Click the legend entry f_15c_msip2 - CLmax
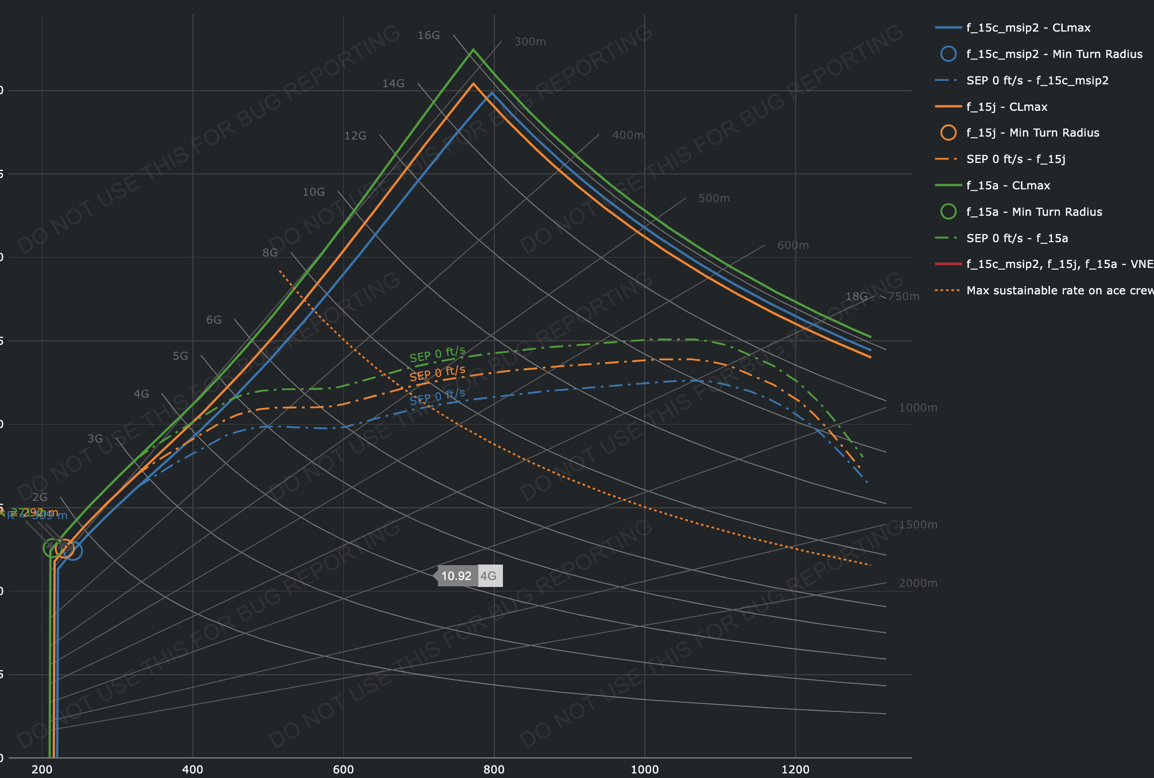pyautogui.click(x=1028, y=28)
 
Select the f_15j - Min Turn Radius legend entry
pyautogui.click(x=1032, y=133)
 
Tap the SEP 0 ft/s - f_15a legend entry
pyautogui.click(x=1017, y=238)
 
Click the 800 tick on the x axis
pyautogui.click(x=494, y=769)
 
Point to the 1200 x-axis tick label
pyautogui.click(x=795, y=769)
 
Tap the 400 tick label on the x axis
pyautogui.click(x=192, y=769)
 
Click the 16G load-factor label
pyautogui.click(x=428, y=36)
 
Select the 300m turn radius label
pyautogui.click(x=530, y=42)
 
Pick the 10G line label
pyautogui.click(x=313, y=192)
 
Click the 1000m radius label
pyautogui.click(x=917, y=408)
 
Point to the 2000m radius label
pyautogui.click(x=917, y=583)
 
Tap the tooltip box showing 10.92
pyautogui.click(x=456, y=576)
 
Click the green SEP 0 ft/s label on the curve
pyautogui.click(x=437, y=354)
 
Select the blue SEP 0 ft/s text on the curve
pyautogui.click(x=437, y=396)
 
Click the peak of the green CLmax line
pyautogui.click(x=473, y=49)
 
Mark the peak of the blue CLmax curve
pyautogui.click(x=491, y=92)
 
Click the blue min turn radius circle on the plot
pyautogui.click(x=73, y=551)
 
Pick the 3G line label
pyautogui.click(x=95, y=439)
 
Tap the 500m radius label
pyautogui.click(x=714, y=199)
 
